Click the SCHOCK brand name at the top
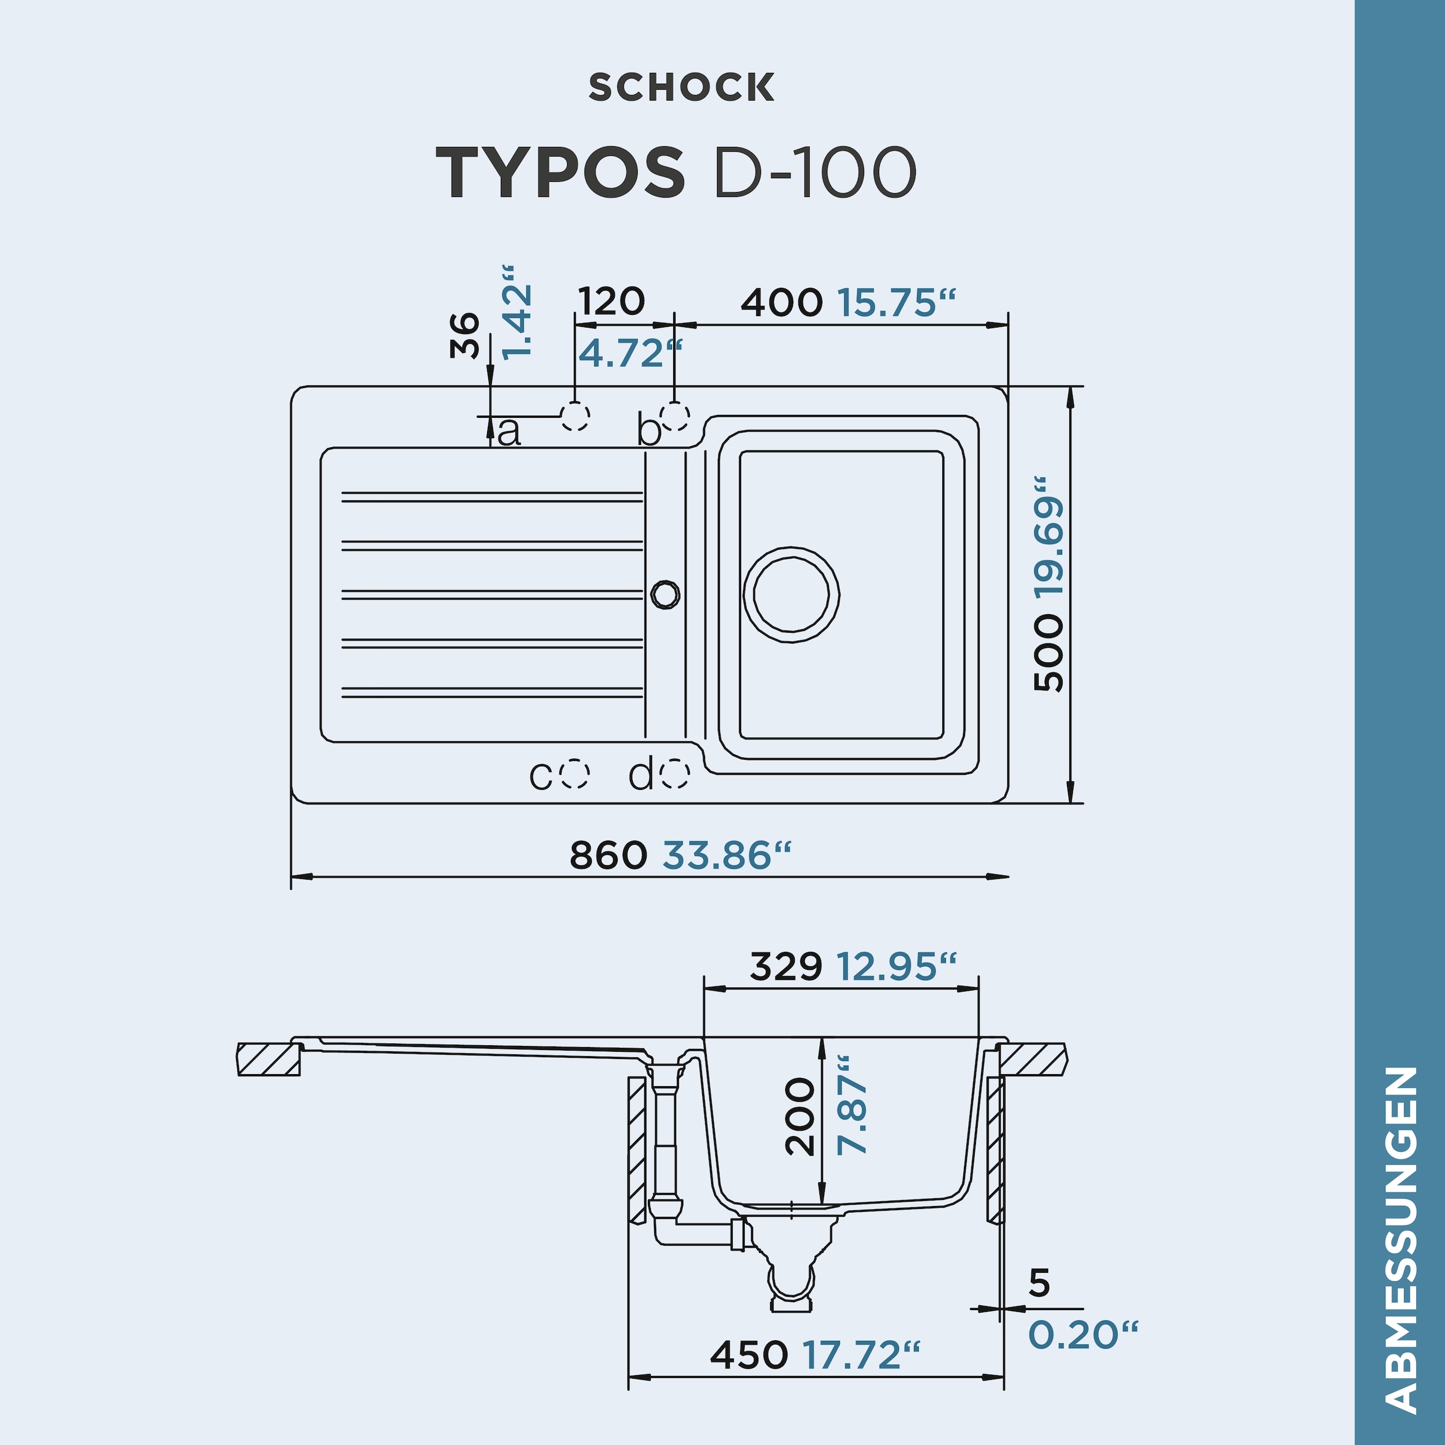tap(682, 87)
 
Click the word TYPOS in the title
tap(559, 173)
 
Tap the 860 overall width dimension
tap(608, 855)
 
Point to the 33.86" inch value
tap(726, 855)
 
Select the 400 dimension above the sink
tap(782, 303)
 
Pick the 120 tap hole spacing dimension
tap(611, 302)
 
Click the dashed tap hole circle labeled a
tap(575, 416)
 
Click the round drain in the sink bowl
tap(791, 595)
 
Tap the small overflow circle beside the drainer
tap(665, 594)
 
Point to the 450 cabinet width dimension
tap(748, 1355)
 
